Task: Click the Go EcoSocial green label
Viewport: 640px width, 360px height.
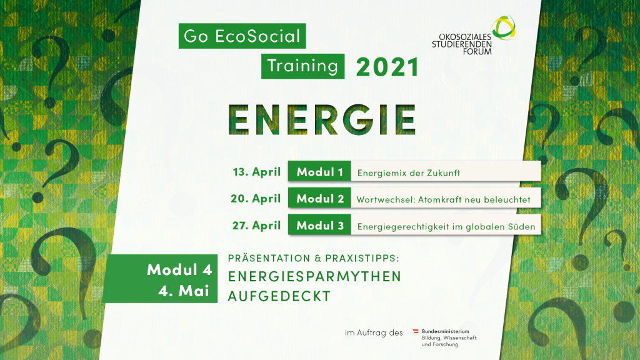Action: point(242,36)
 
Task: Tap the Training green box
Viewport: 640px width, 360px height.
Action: point(303,66)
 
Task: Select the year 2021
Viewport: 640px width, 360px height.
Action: point(387,67)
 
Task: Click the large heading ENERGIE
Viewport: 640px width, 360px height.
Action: point(322,119)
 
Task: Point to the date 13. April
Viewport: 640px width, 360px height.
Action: point(257,172)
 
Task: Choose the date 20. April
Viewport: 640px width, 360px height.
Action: point(256,198)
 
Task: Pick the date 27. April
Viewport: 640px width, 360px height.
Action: point(257,225)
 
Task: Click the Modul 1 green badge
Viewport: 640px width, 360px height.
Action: point(319,171)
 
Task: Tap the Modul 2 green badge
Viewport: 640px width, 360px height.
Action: point(319,198)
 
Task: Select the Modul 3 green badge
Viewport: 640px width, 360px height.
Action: point(319,225)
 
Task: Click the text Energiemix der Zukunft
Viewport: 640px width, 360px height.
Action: point(409,173)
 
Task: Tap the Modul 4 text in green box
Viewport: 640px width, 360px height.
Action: point(179,270)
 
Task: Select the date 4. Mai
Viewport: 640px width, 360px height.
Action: point(184,291)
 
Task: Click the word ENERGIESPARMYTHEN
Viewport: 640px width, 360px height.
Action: point(315,276)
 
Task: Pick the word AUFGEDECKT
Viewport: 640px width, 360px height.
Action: point(279,296)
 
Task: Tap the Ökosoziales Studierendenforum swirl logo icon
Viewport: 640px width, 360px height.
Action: point(504,27)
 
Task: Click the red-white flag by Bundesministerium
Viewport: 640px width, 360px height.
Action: point(416,331)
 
